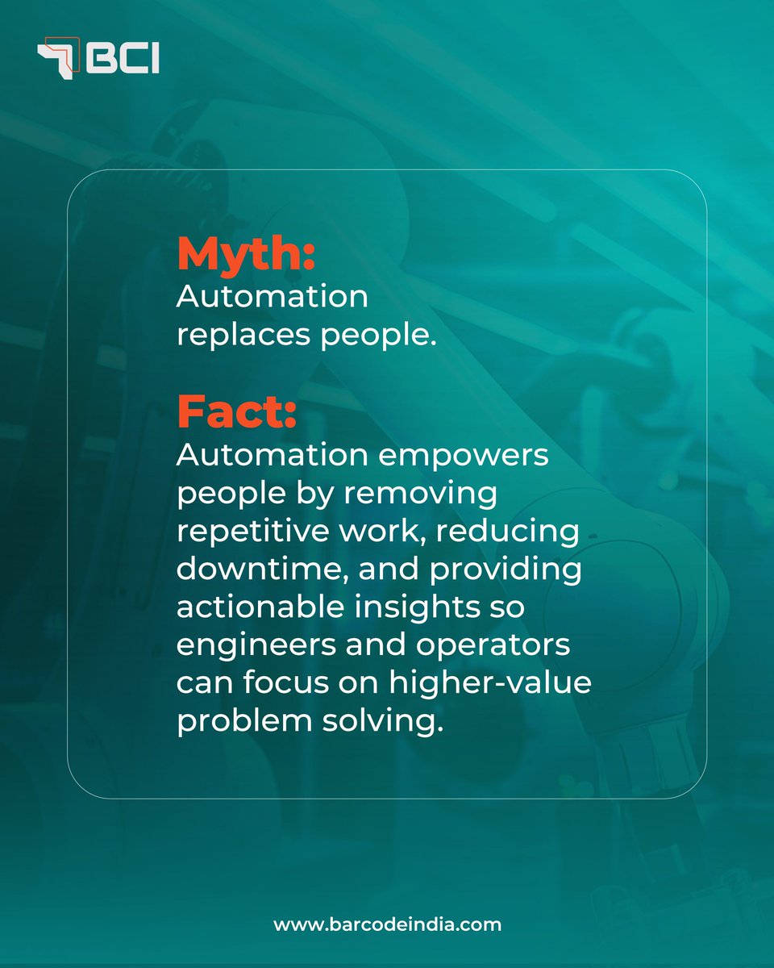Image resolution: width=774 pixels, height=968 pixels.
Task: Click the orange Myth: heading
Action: (x=245, y=255)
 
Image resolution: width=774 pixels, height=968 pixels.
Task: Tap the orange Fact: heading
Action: (x=237, y=413)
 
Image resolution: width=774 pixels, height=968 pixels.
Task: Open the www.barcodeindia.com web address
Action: (x=387, y=924)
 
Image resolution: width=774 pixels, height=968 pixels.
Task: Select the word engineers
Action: (x=254, y=647)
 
